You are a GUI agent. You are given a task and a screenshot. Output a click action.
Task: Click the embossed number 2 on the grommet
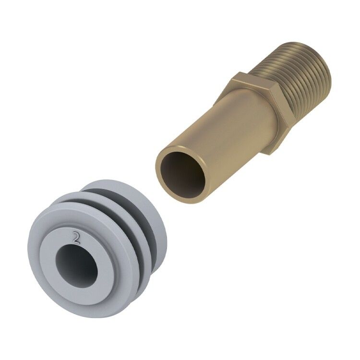click(76, 238)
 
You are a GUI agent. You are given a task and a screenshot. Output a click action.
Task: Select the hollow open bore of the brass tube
click(183, 175)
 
